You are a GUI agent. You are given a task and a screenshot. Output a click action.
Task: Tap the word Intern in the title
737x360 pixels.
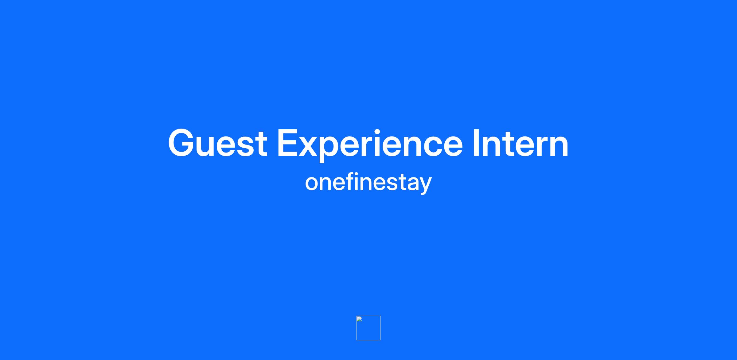521,143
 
